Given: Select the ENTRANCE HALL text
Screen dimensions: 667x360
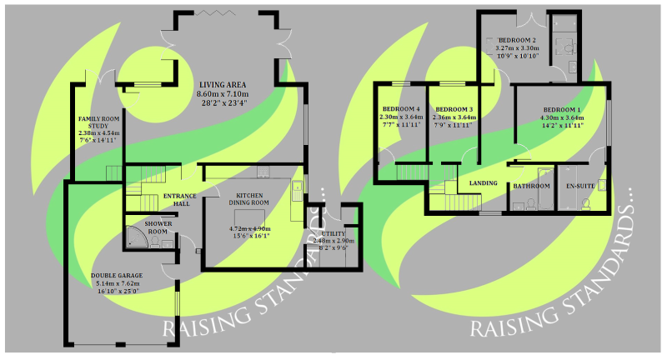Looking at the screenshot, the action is click(179, 200).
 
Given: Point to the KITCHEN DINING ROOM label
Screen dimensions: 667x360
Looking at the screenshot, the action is click(250, 198).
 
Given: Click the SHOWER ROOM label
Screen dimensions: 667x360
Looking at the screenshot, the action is click(158, 228).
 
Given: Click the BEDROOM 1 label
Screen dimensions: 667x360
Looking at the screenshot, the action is click(562, 110).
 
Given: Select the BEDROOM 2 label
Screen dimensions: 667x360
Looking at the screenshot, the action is click(517, 40).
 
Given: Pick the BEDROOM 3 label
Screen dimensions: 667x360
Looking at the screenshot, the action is click(454, 110).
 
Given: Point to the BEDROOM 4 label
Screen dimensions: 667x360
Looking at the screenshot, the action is click(401, 110).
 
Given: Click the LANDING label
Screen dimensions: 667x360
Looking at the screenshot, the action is click(484, 182).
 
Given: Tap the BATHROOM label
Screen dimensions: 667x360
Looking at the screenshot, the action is click(531, 186).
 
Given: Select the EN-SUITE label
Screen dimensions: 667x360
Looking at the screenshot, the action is click(580, 186).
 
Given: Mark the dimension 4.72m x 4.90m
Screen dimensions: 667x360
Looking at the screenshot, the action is click(250, 228).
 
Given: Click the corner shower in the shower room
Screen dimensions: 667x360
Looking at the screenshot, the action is click(137, 240).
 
